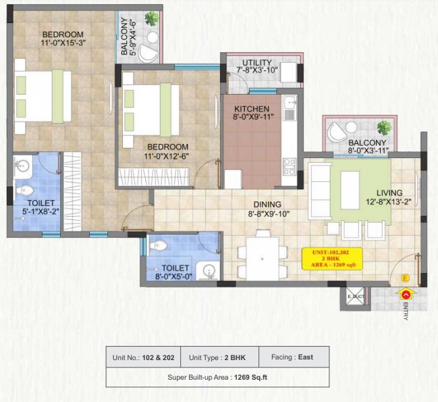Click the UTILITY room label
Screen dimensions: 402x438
pos(256,63)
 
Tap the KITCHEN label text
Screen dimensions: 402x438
pos(252,109)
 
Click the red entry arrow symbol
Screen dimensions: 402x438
pos(406,294)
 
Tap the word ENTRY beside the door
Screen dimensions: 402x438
pos(406,309)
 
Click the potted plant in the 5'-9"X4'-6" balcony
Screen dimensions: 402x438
pos(153,19)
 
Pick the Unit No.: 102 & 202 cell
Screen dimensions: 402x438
pos(144,357)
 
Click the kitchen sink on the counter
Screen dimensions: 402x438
pos(290,105)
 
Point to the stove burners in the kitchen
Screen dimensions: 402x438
pos(290,166)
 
